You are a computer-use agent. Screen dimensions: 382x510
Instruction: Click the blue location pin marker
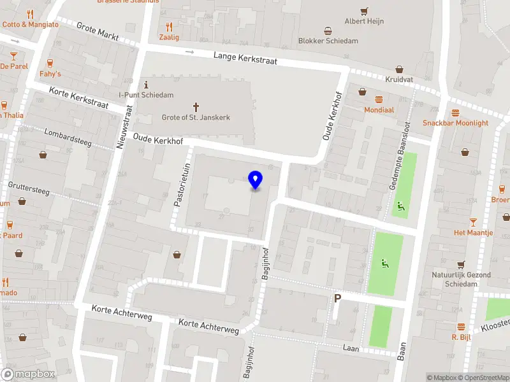pos(255,180)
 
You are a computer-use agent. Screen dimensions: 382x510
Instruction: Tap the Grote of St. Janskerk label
pos(196,118)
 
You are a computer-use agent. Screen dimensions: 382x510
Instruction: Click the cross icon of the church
pos(196,106)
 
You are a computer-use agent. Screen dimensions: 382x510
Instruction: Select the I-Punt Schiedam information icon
pos(147,85)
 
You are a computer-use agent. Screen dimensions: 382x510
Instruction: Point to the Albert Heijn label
pos(364,21)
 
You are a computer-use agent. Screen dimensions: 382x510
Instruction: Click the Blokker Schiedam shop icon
pos(328,31)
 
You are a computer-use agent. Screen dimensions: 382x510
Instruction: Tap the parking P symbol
pos(338,298)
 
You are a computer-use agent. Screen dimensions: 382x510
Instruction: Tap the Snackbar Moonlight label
pos(455,123)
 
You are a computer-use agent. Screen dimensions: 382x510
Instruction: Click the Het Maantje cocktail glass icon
pos(473,222)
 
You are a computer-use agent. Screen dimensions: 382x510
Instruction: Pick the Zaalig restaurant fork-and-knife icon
pos(169,27)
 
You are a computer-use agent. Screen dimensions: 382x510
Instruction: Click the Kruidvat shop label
pos(399,80)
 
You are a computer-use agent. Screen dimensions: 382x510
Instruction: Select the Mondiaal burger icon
pos(379,99)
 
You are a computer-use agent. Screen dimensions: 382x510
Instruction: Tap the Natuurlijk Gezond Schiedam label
pos(460,279)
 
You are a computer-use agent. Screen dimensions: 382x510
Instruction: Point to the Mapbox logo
pos(28,374)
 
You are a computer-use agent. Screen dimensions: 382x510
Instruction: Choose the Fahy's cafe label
pos(50,74)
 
